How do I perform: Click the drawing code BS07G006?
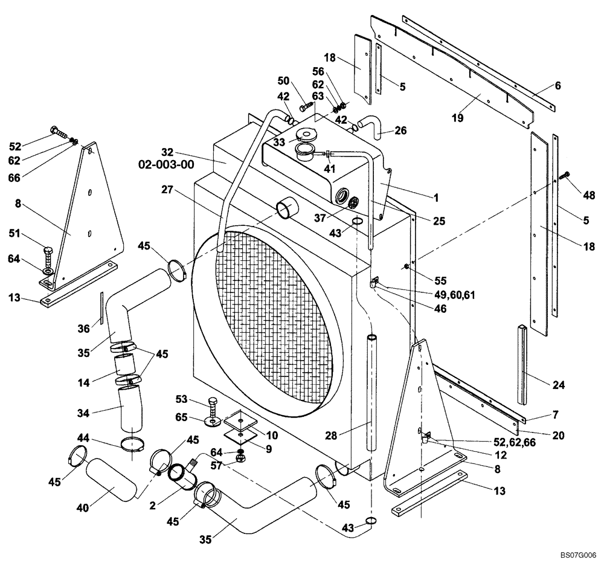pos(577,553)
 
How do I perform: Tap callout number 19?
pos(457,118)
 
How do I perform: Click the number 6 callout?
pos(557,86)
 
